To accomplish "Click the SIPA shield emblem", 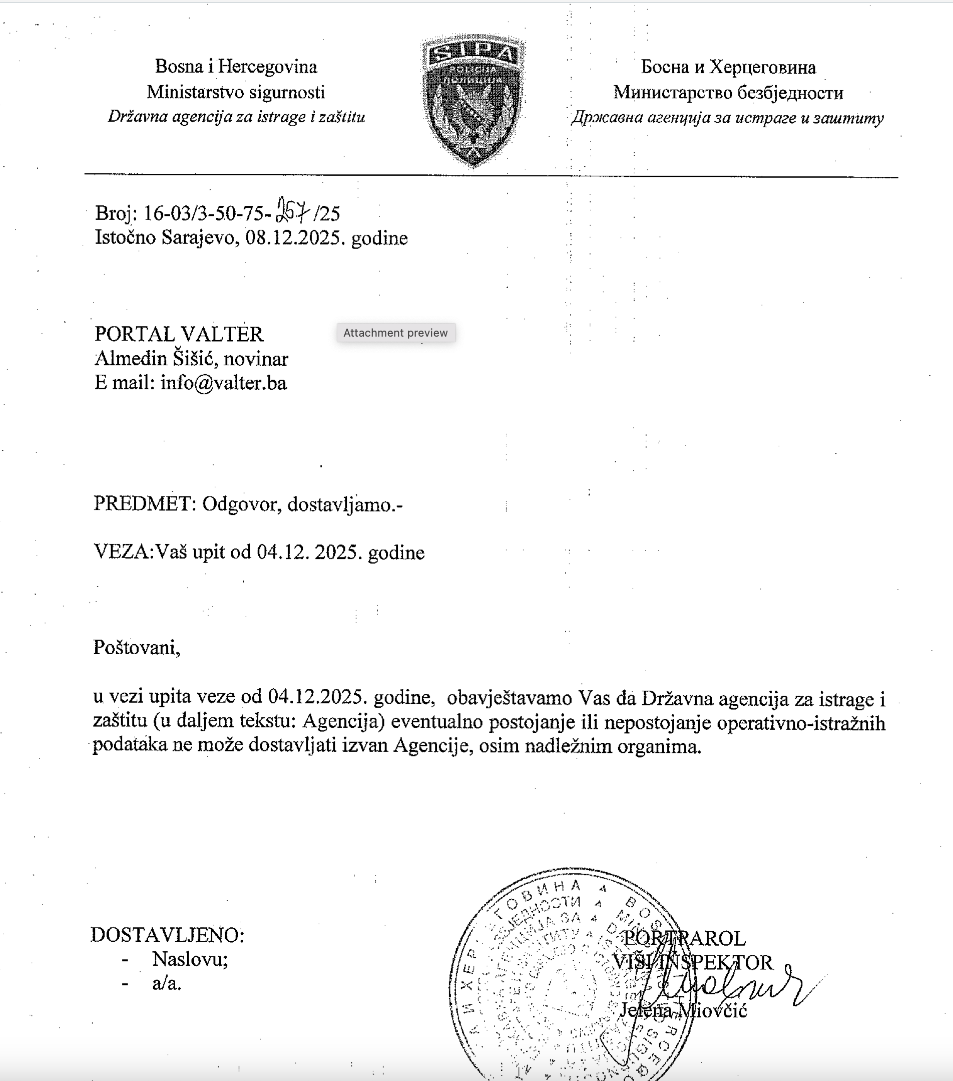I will click(472, 101).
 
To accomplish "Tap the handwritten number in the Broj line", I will click(293, 211).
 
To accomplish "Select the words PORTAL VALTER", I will click(179, 334).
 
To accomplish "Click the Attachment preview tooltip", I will click(396, 333).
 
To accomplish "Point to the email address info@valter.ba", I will click(224, 382).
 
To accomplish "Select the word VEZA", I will click(122, 552).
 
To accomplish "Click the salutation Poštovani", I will click(136, 647).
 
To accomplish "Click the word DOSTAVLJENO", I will click(167, 935).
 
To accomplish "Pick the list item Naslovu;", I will click(190, 959).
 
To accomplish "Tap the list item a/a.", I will click(167, 984).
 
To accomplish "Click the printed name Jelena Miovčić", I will click(683, 1011).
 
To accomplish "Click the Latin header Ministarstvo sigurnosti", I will click(236, 92).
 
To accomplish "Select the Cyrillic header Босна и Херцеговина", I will click(728, 67).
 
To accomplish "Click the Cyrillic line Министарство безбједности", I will click(728, 93).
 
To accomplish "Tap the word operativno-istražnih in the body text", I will click(800, 723).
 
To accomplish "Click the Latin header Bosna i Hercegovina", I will click(236, 67).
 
